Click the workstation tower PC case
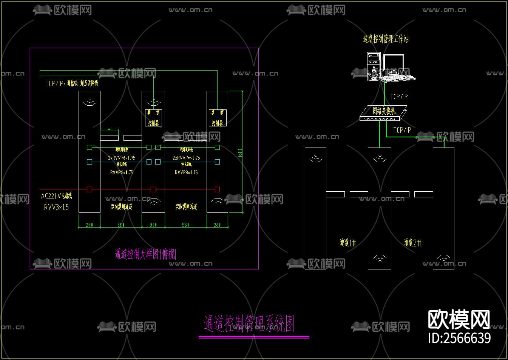pyautogui.click(x=373, y=67)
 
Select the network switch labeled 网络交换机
pyautogui.click(x=383, y=113)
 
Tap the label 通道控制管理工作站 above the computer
pyautogui.click(x=386, y=39)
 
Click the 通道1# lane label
pyautogui.click(x=347, y=243)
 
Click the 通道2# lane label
pyautogui.click(x=412, y=243)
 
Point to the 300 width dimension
pyautogui.click(x=153, y=225)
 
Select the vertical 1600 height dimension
pyautogui.click(x=240, y=153)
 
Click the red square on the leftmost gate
pyautogui.click(x=90, y=189)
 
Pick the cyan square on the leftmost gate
pyautogui.click(x=90, y=162)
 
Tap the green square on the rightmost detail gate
pyautogui.click(x=217, y=147)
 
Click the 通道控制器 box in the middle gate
pyautogui.click(x=154, y=118)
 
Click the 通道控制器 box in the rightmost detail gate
pyautogui.click(x=217, y=118)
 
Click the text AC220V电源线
pyautogui.click(x=56, y=196)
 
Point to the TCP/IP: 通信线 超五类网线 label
pyautogui.click(x=72, y=83)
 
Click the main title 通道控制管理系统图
pyautogui.click(x=249, y=324)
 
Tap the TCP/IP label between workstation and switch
pyautogui.click(x=399, y=97)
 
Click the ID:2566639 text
pyautogui.click(x=459, y=338)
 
